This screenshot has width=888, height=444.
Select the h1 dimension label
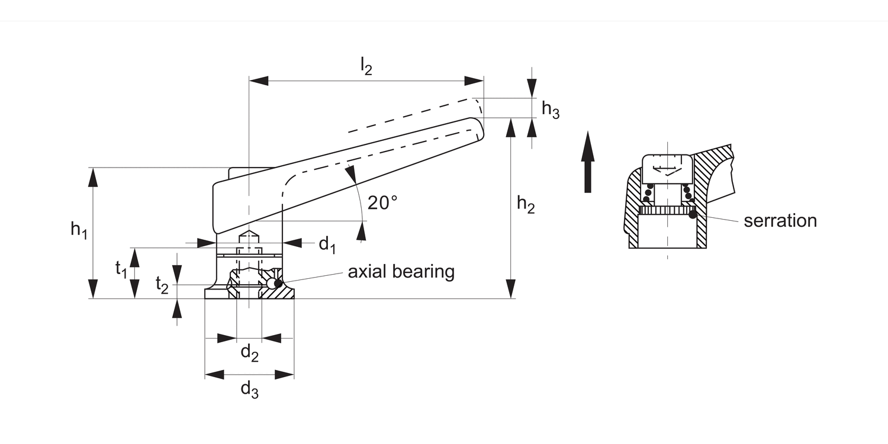pos(79,230)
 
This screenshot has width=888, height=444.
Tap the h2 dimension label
pos(526,204)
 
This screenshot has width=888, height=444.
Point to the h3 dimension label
pos(551,110)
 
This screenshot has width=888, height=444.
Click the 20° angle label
pos(382,203)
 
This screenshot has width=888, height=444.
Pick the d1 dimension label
pos(328,243)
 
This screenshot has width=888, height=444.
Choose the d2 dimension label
pos(249,353)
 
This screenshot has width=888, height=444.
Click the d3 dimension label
pos(249,390)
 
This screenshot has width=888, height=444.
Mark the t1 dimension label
pos(121,269)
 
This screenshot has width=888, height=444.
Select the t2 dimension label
pos(162,285)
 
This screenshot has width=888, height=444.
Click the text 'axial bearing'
pos(401,272)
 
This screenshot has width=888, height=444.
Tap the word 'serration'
pos(780,221)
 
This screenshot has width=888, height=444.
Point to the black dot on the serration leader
pos(693,214)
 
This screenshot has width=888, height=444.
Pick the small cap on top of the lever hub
pos(250,172)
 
